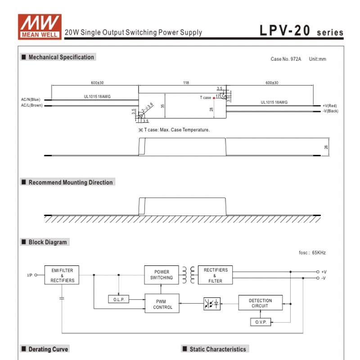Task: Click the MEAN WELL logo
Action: click(x=40, y=27)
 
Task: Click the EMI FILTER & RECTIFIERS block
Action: click(x=62, y=275)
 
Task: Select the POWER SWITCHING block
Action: click(x=162, y=275)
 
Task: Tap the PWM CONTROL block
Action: click(x=162, y=303)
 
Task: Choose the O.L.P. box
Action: click(x=118, y=299)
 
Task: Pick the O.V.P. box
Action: click(x=261, y=322)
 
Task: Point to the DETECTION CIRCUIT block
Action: click(x=261, y=303)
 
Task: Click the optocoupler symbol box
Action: click(x=211, y=303)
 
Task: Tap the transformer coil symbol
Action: click(x=189, y=275)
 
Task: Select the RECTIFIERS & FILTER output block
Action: click(x=215, y=275)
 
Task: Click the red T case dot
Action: click(x=214, y=98)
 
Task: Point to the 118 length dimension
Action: click(x=186, y=83)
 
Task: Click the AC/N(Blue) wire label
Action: click(x=31, y=99)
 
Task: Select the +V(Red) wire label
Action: click(x=330, y=106)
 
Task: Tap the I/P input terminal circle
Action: click(x=36, y=275)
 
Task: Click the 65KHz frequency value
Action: click(x=319, y=252)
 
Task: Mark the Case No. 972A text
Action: click(x=286, y=59)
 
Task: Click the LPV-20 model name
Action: click(x=285, y=30)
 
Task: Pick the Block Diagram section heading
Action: click(x=48, y=242)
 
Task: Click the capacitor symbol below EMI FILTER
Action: click(x=62, y=298)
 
